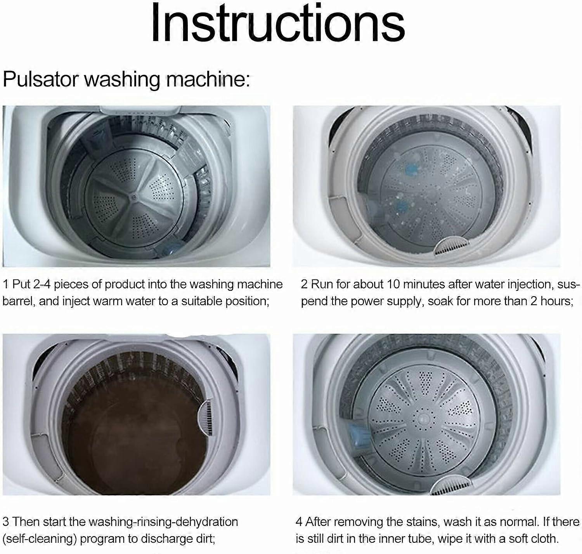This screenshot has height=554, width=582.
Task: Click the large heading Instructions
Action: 278,23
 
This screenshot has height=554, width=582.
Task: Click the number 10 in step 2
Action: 393,284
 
